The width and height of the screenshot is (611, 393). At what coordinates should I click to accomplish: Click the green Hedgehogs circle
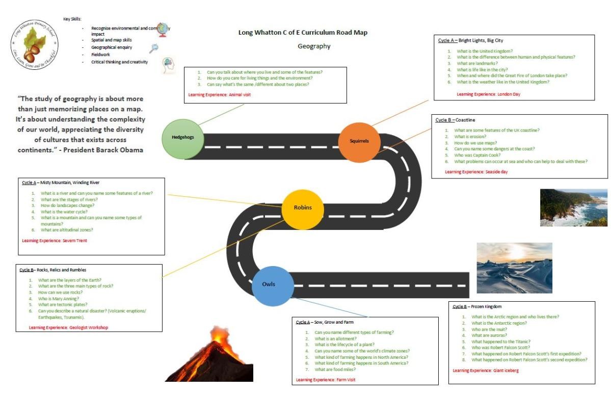tap(182, 138)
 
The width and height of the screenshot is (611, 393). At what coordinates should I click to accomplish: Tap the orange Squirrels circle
tap(359, 141)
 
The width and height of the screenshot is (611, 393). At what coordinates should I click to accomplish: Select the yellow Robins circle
tap(303, 208)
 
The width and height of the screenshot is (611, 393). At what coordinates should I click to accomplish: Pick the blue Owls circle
tap(272, 284)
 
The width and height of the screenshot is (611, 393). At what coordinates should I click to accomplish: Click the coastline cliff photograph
tap(574, 207)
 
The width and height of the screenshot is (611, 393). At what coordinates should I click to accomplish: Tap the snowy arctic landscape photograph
tap(514, 268)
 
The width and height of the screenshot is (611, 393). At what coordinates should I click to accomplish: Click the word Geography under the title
tap(314, 46)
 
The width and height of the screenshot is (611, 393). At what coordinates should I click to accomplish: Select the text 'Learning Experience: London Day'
tap(488, 94)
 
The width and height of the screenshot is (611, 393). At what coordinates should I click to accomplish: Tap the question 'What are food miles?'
tap(335, 370)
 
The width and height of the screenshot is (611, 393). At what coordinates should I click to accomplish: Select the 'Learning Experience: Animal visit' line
tap(219, 94)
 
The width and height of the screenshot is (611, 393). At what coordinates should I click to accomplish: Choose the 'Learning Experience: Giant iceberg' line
tap(486, 371)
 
